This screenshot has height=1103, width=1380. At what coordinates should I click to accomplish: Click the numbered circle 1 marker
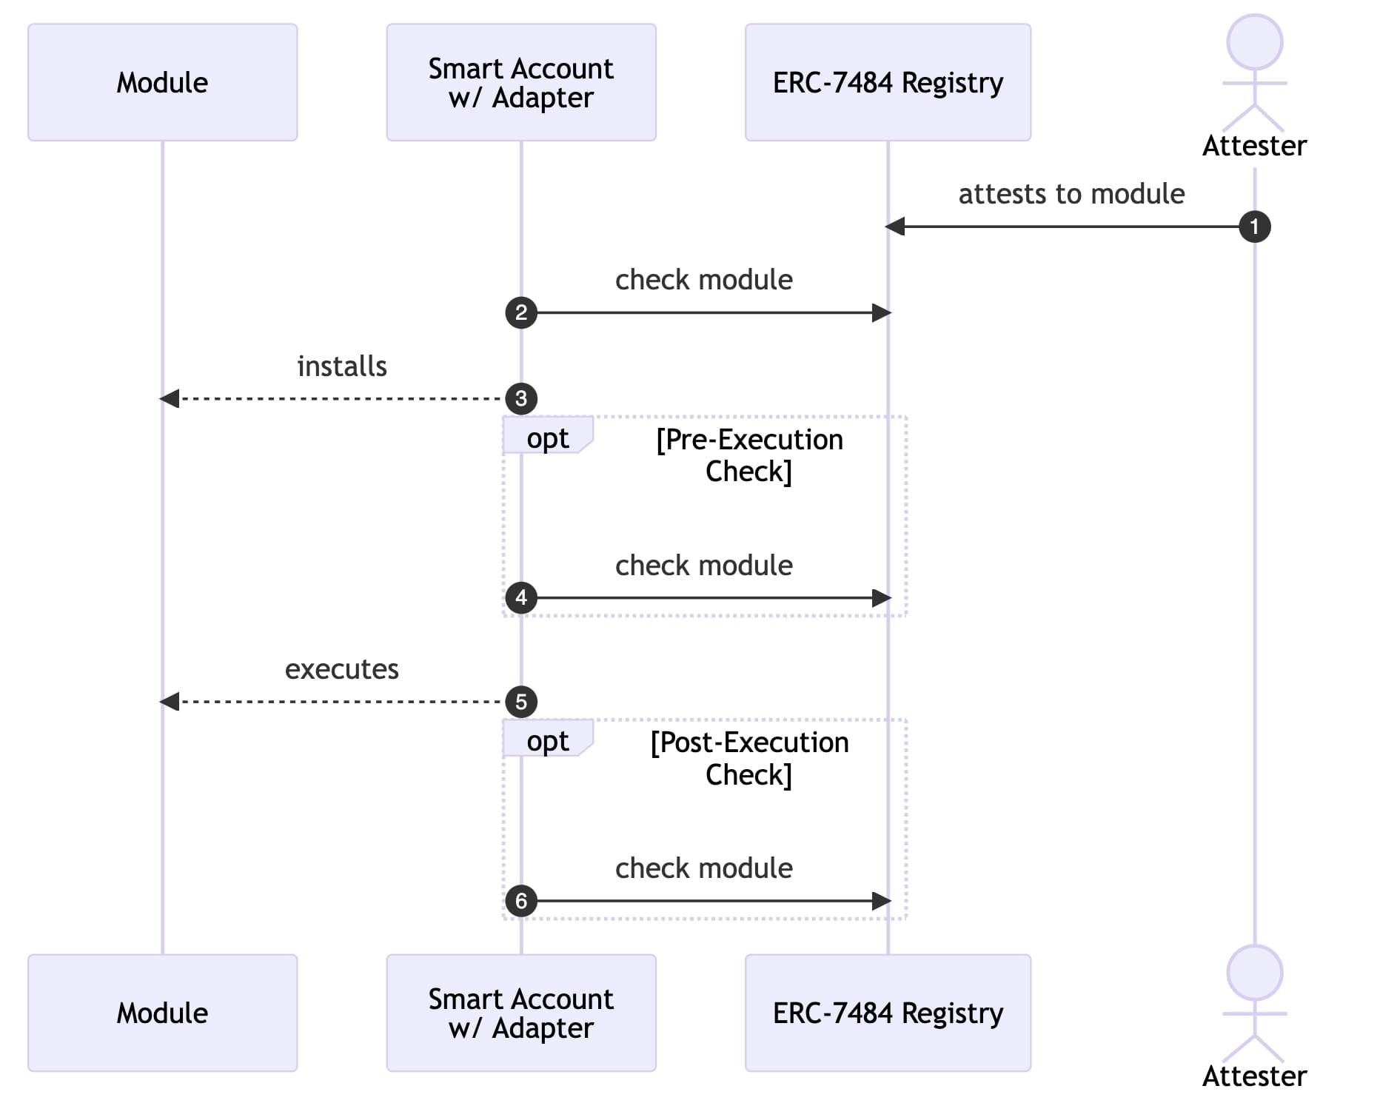point(1254,227)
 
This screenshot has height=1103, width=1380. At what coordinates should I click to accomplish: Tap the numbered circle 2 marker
point(521,312)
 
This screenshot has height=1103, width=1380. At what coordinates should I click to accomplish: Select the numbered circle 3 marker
point(521,398)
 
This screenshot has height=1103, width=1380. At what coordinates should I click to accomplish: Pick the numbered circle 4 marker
point(521,597)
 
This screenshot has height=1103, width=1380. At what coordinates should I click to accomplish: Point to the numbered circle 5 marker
point(521,702)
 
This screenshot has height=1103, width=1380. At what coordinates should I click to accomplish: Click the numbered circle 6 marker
point(521,901)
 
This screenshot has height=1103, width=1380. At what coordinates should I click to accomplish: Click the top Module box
point(163,82)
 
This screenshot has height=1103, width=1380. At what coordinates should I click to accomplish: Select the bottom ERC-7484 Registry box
point(888,1013)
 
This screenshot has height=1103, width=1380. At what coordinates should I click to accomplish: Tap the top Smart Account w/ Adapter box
point(521,82)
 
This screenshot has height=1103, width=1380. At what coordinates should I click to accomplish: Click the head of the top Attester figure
point(1254,42)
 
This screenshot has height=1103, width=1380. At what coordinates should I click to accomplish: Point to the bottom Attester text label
point(1254,1076)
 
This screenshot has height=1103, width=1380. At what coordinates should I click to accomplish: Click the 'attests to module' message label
point(1071,194)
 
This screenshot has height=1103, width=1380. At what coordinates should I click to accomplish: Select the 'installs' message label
point(342,366)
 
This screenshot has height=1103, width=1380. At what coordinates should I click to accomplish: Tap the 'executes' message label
point(342,669)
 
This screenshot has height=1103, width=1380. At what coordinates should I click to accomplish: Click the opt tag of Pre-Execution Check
point(548,437)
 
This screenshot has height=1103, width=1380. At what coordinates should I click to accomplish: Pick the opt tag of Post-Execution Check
point(548,740)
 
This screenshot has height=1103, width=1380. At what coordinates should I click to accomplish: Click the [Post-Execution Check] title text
point(749,758)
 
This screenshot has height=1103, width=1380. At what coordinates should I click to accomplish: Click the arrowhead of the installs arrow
point(170,398)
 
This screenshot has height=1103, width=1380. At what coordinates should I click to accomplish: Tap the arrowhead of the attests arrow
point(895,227)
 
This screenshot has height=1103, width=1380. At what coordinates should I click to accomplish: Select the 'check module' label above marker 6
point(703,868)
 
